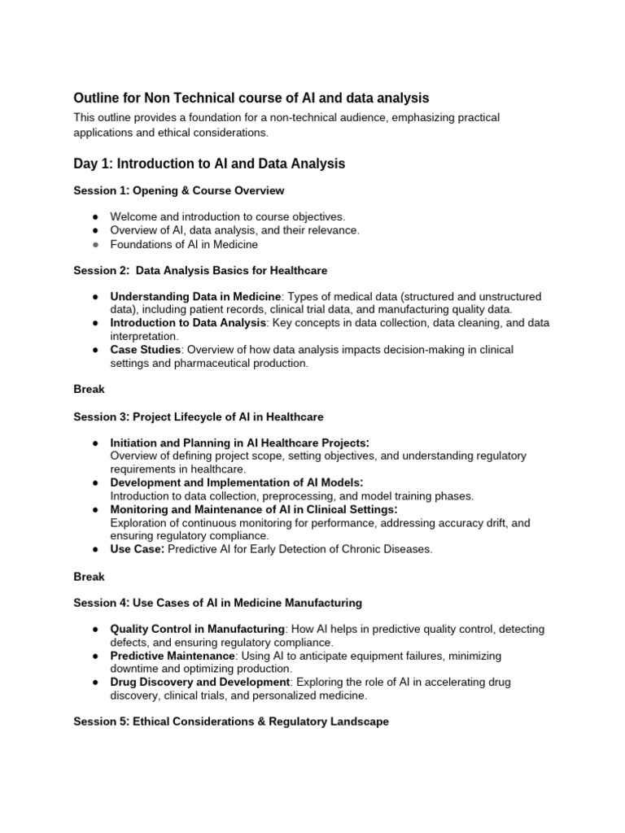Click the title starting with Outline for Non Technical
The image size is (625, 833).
pyautogui.click(x=251, y=98)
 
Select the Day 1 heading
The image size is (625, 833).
pyautogui.click(x=209, y=164)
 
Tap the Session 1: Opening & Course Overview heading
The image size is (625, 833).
pyautogui.click(x=178, y=190)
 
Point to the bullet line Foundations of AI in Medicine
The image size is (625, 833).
pyautogui.click(x=184, y=244)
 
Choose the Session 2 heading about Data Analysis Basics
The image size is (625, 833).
pyautogui.click(x=200, y=270)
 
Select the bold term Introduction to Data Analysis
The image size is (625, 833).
pyautogui.click(x=188, y=323)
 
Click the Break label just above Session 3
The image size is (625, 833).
pyautogui.click(x=89, y=390)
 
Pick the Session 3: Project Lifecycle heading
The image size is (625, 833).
pyautogui.click(x=198, y=416)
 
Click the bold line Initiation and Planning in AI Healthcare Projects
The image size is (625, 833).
pyautogui.click(x=239, y=443)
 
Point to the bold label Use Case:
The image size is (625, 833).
pyautogui.click(x=137, y=549)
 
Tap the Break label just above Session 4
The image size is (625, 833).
pyautogui.click(x=89, y=576)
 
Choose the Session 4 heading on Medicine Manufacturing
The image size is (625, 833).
pyautogui.click(x=217, y=603)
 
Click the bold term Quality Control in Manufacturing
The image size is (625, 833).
pyautogui.click(x=197, y=629)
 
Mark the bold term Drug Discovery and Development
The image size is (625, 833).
pyautogui.click(x=199, y=682)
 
